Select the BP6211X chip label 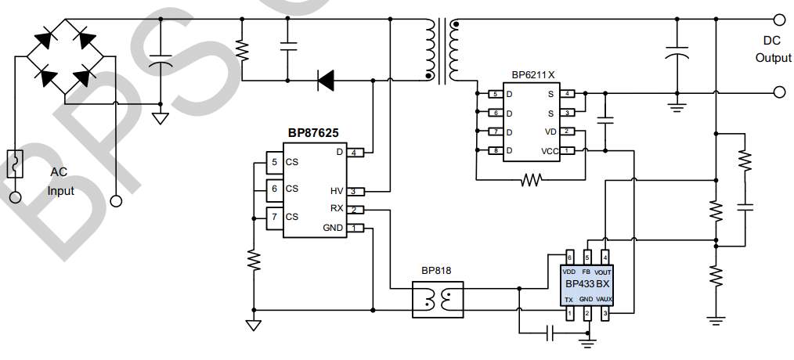(532, 75)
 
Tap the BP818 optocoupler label (436, 271)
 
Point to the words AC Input (61, 182)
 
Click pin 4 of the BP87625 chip (357, 152)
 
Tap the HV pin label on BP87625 (337, 191)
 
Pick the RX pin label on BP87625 (337, 209)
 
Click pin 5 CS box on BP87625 (274, 163)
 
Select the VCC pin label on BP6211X (550, 150)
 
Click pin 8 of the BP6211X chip (496, 150)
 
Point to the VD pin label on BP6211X (551, 131)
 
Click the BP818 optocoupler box (438, 300)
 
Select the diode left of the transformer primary (325, 78)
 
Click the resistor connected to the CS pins (253, 259)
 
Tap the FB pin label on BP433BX (586, 271)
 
